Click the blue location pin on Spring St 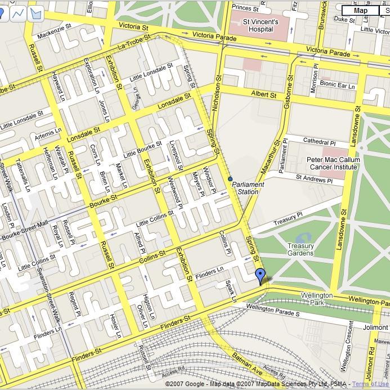tap(260, 275)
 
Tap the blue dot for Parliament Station tap(230, 179)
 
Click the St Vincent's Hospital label tap(260, 25)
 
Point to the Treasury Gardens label tap(301, 249)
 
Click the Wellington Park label tap(317, 299)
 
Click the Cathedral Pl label tap(319, 141)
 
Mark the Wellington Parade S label tap(273, 309)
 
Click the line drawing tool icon tap(19, 12)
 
